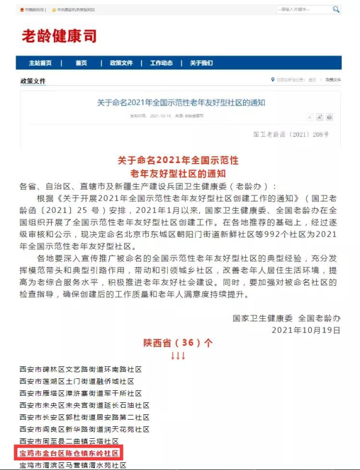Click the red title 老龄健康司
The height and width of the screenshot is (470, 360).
point(59,36)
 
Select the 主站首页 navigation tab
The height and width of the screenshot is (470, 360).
point(40,63)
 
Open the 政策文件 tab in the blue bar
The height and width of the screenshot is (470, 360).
point(121,63)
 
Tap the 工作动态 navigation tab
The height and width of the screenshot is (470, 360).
point(161,63)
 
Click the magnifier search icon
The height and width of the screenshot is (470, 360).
point(336,10)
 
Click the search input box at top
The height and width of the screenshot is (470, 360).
point(304,10)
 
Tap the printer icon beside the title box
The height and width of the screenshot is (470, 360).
point(329,117)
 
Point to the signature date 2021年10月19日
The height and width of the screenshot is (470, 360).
point(306,330)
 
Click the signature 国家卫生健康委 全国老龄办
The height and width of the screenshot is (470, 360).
point(287,318)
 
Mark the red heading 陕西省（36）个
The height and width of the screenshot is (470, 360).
point(178,344)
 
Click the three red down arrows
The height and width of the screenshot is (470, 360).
point(178,355)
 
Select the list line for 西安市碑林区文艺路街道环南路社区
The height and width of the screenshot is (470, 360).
point(80,369)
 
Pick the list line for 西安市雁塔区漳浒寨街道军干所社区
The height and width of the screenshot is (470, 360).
point(80,393)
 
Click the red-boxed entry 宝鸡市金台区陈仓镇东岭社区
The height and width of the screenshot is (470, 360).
point(70,453)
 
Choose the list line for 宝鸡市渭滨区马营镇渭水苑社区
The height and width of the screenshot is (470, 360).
point(73,465)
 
